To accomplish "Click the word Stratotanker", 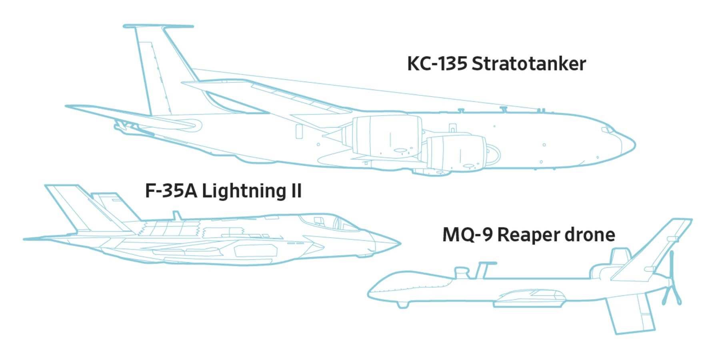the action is [529, 64].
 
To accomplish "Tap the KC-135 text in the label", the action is [437, 64].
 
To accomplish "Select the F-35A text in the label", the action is [171, 191].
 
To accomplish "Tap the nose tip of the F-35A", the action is [400, 242].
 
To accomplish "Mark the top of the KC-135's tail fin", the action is [158, 26].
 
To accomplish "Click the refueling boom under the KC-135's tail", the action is [134, 128].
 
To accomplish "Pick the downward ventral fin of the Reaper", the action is [630, 314].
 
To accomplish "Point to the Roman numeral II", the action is [296, 191].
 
